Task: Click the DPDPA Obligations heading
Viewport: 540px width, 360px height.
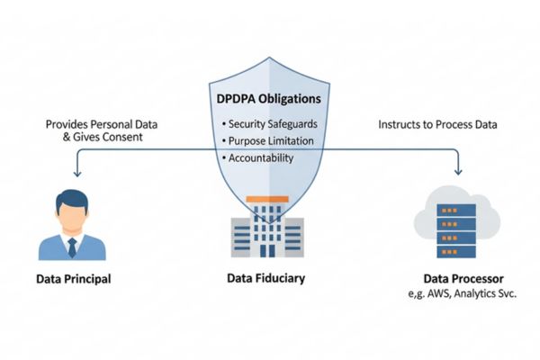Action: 269,98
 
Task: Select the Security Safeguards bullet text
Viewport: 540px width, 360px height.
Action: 273,123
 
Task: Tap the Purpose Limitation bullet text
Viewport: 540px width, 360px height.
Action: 271,140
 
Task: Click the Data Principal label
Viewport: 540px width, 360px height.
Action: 74,279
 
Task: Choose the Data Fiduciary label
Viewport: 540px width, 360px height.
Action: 266,278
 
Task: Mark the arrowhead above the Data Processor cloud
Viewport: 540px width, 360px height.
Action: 459,172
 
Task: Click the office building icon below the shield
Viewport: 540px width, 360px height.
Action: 266,232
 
